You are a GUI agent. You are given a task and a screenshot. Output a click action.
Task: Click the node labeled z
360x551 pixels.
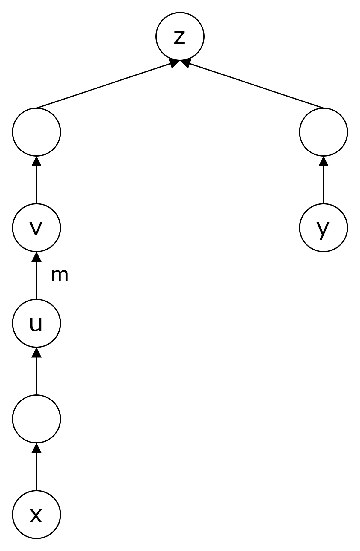(180, 36)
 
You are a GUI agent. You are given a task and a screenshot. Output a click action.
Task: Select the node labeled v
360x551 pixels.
(36, 228)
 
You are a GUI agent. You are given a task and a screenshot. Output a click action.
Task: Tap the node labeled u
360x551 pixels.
(36, 323)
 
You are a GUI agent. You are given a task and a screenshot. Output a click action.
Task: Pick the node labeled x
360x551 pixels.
(36, 515)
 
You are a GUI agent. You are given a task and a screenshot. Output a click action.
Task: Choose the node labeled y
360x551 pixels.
(324, 228)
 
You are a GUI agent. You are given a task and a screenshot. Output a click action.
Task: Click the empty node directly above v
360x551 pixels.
(36, 132)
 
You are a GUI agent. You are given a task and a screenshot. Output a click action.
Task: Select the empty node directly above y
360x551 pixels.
(324, 132)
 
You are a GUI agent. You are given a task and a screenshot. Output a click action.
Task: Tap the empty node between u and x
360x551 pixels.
(36, 419)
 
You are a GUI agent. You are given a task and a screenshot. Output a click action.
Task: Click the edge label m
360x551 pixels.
(60, 275)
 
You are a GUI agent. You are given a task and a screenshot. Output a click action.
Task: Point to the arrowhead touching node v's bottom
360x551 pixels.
(36, 256)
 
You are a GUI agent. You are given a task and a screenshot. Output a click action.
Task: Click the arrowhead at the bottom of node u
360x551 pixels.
(36, 352)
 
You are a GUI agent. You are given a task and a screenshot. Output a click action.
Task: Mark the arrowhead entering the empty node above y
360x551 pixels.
(324, 161)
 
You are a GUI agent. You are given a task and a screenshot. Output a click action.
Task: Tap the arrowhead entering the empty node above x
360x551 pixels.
(36, 448)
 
